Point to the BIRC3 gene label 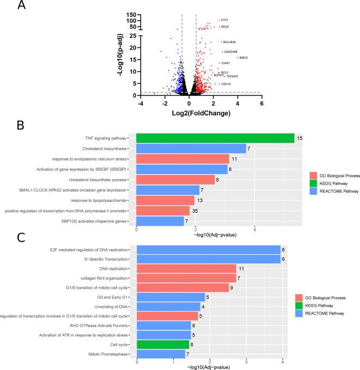click(243, 58)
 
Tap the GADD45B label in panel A click(231, 52)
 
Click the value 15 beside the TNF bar click(299, 139)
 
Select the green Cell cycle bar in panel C click(163, 345)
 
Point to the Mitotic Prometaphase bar click(161, 355)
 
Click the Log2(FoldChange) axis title click(201, 113)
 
